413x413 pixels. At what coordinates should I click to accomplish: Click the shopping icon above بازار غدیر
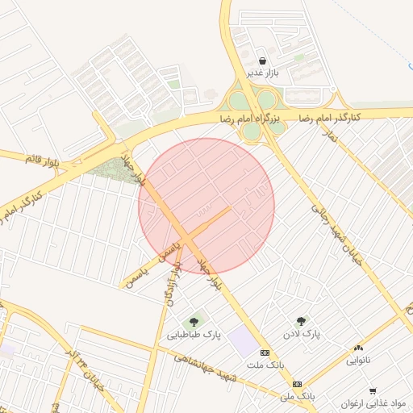(x=262, y=60)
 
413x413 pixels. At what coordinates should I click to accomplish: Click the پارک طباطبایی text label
(x=194, y=334)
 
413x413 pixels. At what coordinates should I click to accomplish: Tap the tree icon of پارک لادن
(x=301, y=320)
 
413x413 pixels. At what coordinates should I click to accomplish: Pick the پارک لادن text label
(x=302, y=333)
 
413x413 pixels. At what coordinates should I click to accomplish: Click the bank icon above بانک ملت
(x=265, y=353)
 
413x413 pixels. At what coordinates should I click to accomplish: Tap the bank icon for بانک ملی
(x=297, y=384)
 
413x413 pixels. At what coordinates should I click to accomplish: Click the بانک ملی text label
(x=296, y=397)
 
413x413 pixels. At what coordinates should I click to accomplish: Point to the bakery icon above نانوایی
(x=358, y=347)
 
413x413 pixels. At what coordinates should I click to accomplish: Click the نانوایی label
(x=358, y=360)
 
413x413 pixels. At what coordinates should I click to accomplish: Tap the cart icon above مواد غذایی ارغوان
(x=373, y=390)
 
